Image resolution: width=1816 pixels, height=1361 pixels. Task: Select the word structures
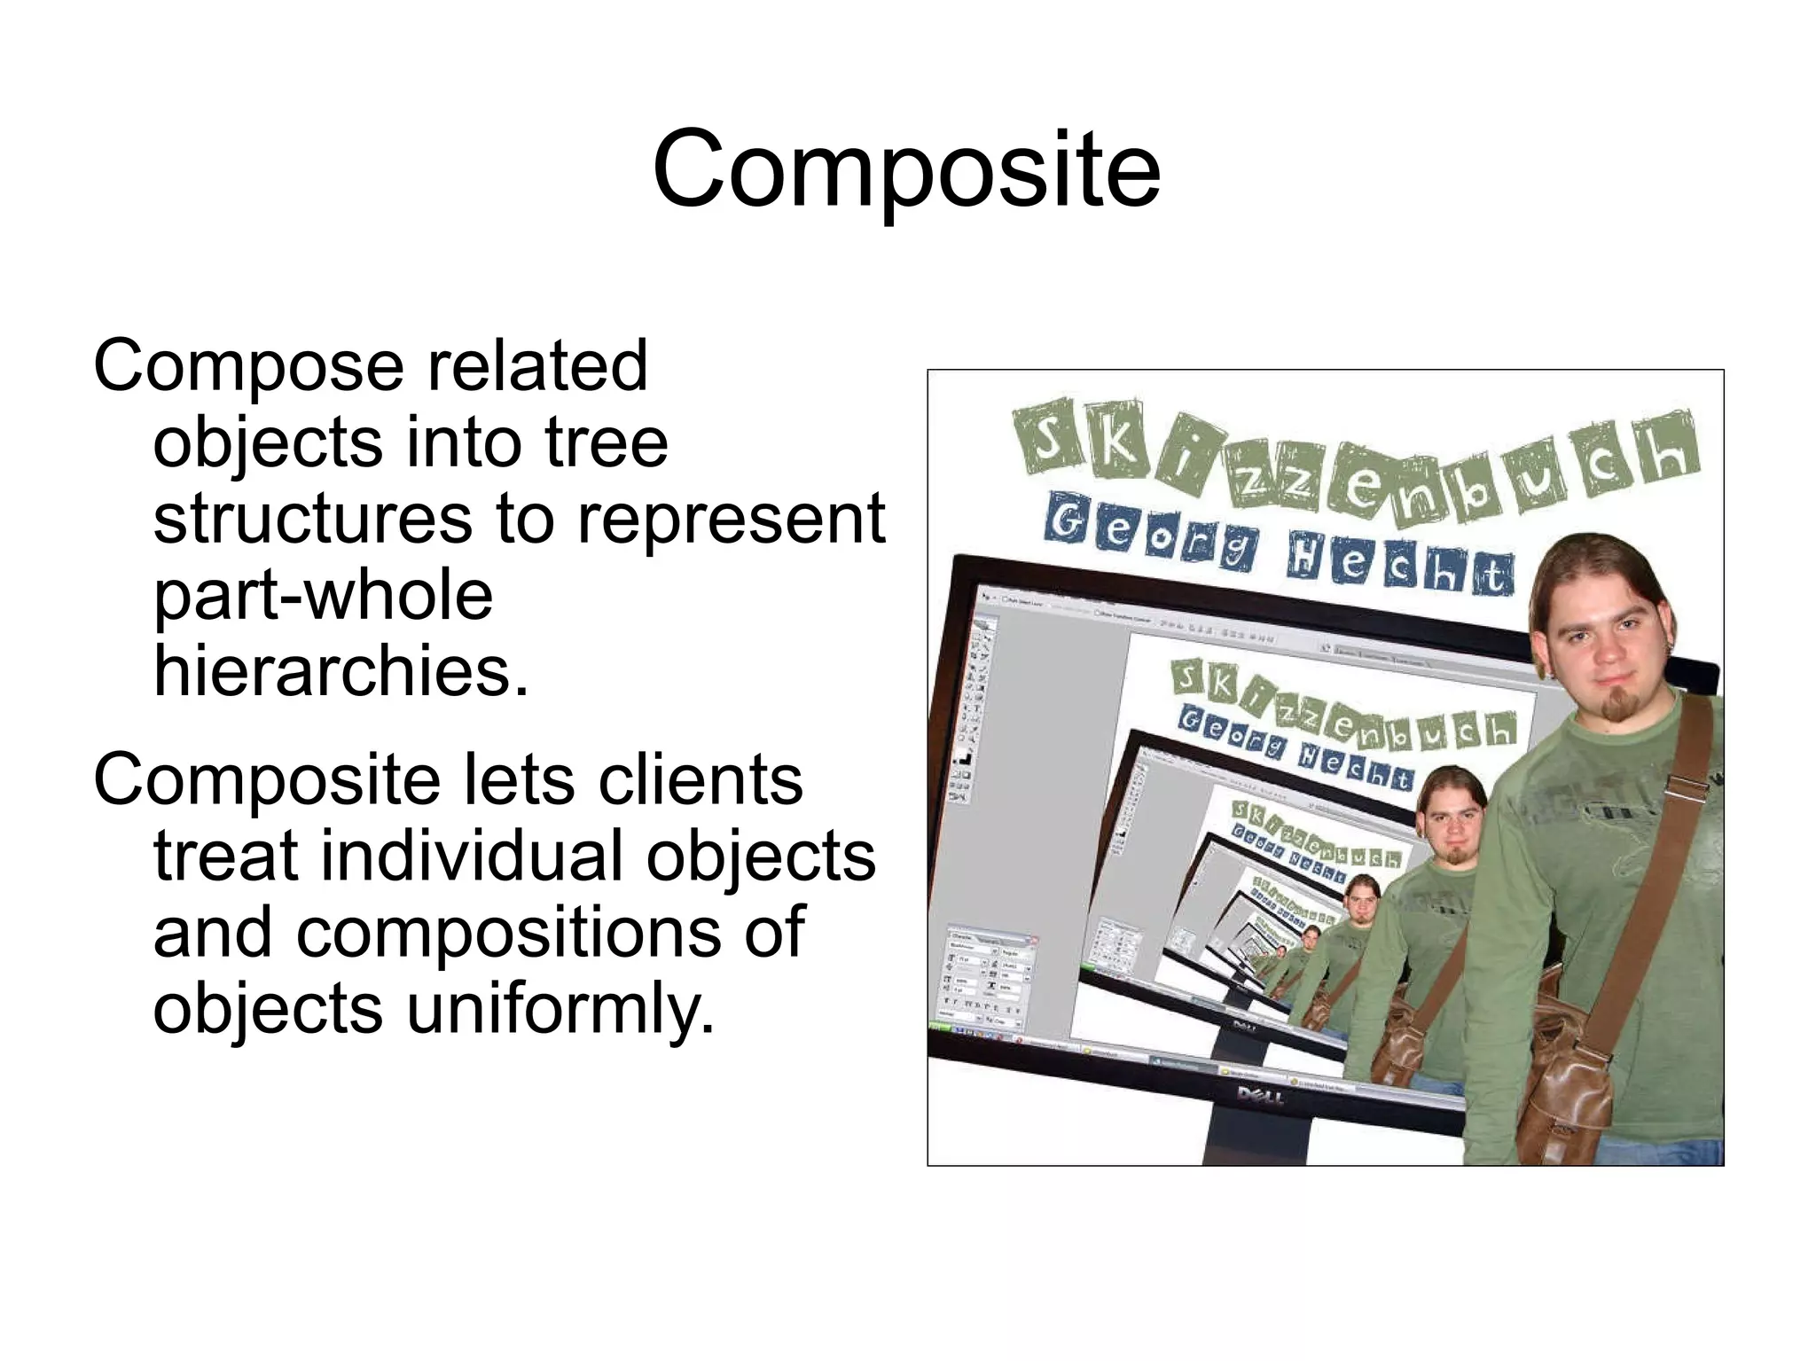[312, 519]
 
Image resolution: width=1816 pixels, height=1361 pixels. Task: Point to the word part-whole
[323, 595]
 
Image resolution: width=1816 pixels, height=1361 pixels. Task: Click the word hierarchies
[340, 671]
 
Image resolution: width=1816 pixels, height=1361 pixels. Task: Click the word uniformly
[560, 1009]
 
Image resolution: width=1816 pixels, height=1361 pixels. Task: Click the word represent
[732, 519]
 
